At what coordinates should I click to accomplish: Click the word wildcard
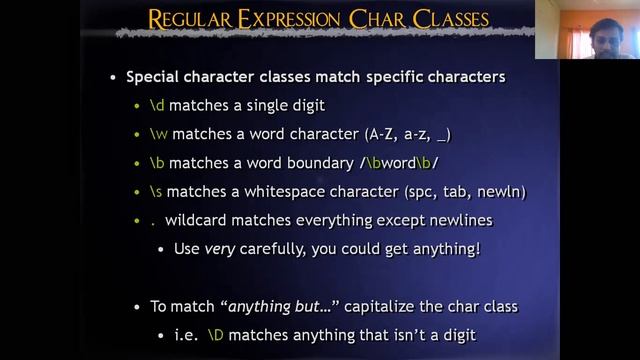coord(196,219)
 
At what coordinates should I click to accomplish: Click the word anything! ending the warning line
coord(446,248)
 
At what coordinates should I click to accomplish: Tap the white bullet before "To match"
coord(139,307)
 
